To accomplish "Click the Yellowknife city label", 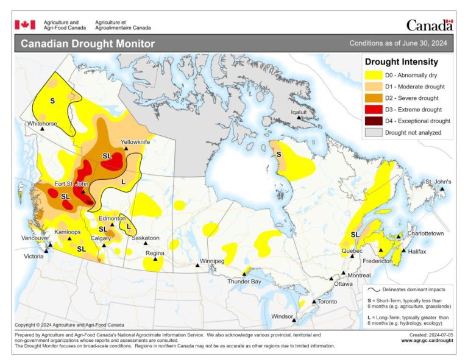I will tap(135, 141).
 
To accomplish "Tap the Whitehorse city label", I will tap(42, 124).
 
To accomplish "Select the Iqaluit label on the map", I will tap(299, 112).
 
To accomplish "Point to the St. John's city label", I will tap(438, 182).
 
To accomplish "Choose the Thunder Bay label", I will tap(244, 282).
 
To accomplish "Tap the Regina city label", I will tap(155, 252).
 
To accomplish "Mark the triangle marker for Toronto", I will tap(314, 302).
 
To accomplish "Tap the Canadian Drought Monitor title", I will tap(88, 44).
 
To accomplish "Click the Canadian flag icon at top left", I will tap(25, 24).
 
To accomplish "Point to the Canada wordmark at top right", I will tap(429, 25).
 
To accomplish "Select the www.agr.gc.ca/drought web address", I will tap(427, 341).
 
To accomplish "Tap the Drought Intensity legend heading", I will tap(401, 62).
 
